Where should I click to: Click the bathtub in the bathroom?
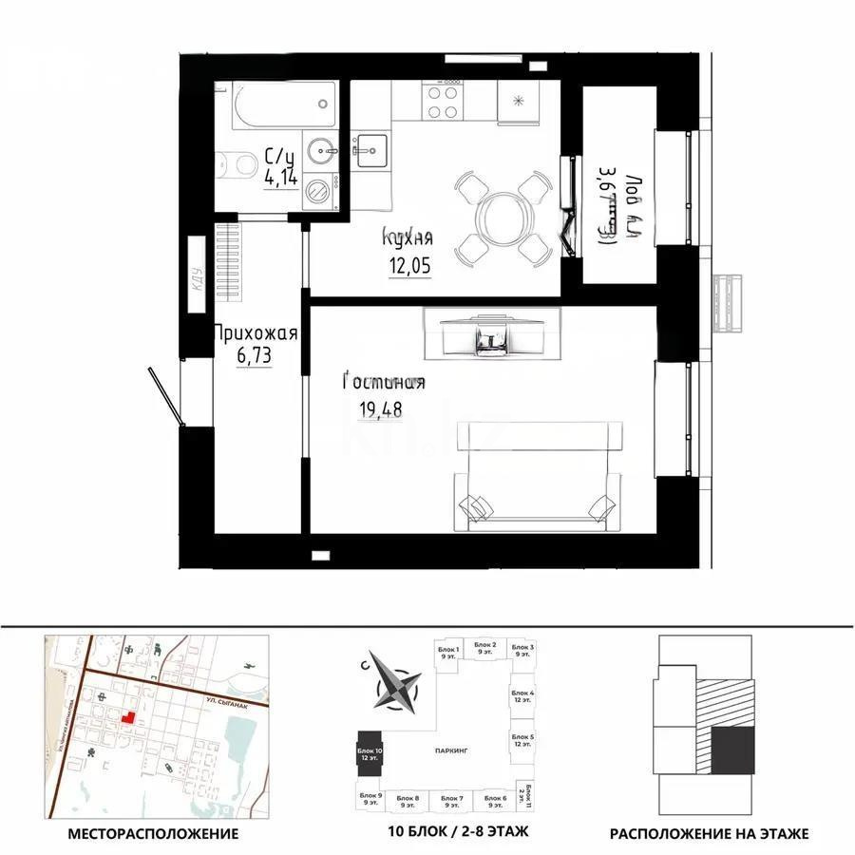276,104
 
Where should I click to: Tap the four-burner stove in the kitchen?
444,101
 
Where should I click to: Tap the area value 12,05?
408,267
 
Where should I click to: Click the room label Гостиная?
383,383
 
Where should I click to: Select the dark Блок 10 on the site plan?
370,757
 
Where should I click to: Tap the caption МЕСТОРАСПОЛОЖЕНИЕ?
153,834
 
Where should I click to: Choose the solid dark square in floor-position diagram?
732,750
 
